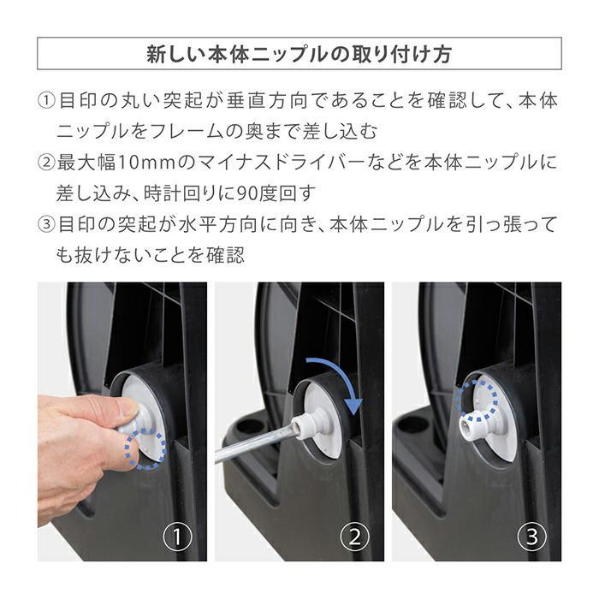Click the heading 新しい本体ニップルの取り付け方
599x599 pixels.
coord(299,54)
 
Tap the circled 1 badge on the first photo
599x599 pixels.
coord(177,538)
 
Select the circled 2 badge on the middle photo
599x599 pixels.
coord(354,538)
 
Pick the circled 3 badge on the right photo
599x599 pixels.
coord(531,538)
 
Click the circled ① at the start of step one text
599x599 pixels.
coord(46,102)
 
